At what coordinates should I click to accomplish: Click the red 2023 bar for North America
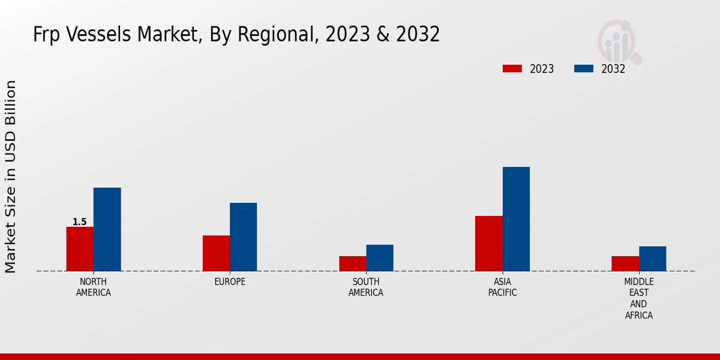pyautogui.click(x=80, y=249)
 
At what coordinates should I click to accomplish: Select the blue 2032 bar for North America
pyautogui.click(x=107, y=229)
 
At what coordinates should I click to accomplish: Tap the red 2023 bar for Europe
pyautogui.click(x=216, y=253)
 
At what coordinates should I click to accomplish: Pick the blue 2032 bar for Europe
pyautogui.click(x=243, y=237)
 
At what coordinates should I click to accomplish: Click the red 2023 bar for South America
pyautogui.click(x=352, y=263)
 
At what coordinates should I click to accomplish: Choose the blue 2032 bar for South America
pyautogui.click(x=380, y=258)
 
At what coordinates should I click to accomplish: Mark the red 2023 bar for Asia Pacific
pyautogui.click(x=488, y=244)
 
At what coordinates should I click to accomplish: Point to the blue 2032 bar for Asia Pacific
pyautogui.click(x=516, y=219)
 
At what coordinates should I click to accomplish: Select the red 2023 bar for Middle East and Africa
pyautogui.click(x=625, y=263)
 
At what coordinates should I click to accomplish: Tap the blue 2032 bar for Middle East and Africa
pyautogui.click(x=652, y=259)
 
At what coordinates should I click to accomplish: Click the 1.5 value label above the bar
pyautogui.click(x=80, y=222)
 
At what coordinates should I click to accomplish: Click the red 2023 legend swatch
pyautogui.click(x=512, y=68)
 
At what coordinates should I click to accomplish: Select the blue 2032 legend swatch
pyautogui.click(x=583, y=68)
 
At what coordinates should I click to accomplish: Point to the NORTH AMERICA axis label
pyautogui.click(x=93, y=287)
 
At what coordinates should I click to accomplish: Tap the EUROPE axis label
pyautogui.click(x=230, y=282)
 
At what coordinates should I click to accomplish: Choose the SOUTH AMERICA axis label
pyautogui.click(x=366, y=287)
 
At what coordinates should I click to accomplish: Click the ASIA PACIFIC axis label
pyautogui.click(x=502, y=287)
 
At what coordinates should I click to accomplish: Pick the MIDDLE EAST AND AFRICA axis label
pyautogui.click(x=638, y=298)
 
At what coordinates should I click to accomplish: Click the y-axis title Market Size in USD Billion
pyautogui.click(x=11, y=176)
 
